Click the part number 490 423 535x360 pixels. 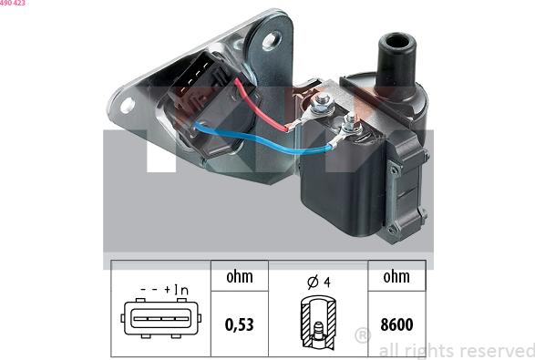(13, 4)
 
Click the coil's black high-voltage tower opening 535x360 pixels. (397, 41)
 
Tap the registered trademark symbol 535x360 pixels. (363, 338)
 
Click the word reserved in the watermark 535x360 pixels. (499, 350)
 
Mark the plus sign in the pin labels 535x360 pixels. (169, 290)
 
